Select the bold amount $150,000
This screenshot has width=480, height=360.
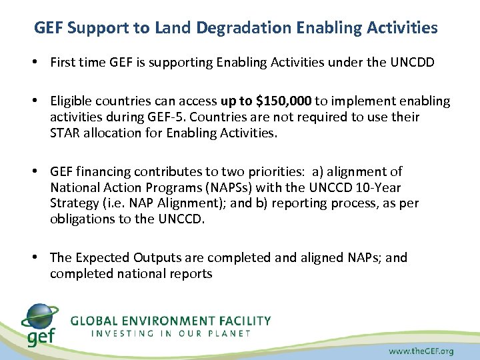[282, 101]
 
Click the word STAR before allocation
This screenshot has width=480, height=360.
[65, 133]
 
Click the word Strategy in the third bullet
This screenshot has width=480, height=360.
[75, 203]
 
